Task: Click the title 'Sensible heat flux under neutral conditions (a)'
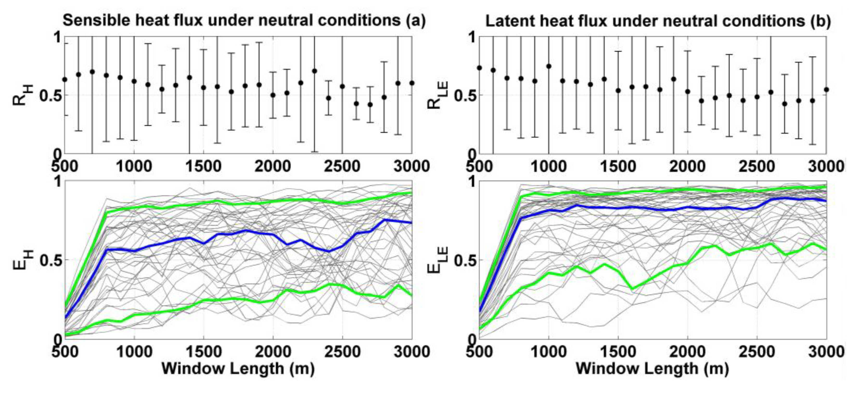click(x=244, y=21)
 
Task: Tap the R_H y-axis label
click(x=23, y=95)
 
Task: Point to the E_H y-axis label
click(x=23, y=260)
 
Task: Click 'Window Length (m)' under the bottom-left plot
click(x=238, y=368)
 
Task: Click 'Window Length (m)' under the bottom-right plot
click(x=652, y=368)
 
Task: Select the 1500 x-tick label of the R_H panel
click(x=203, y=166)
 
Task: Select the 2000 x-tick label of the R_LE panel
click(x=687, y=166)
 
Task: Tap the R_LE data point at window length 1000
click(x=549, y=66)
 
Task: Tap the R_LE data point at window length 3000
click(x=826, y=90)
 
